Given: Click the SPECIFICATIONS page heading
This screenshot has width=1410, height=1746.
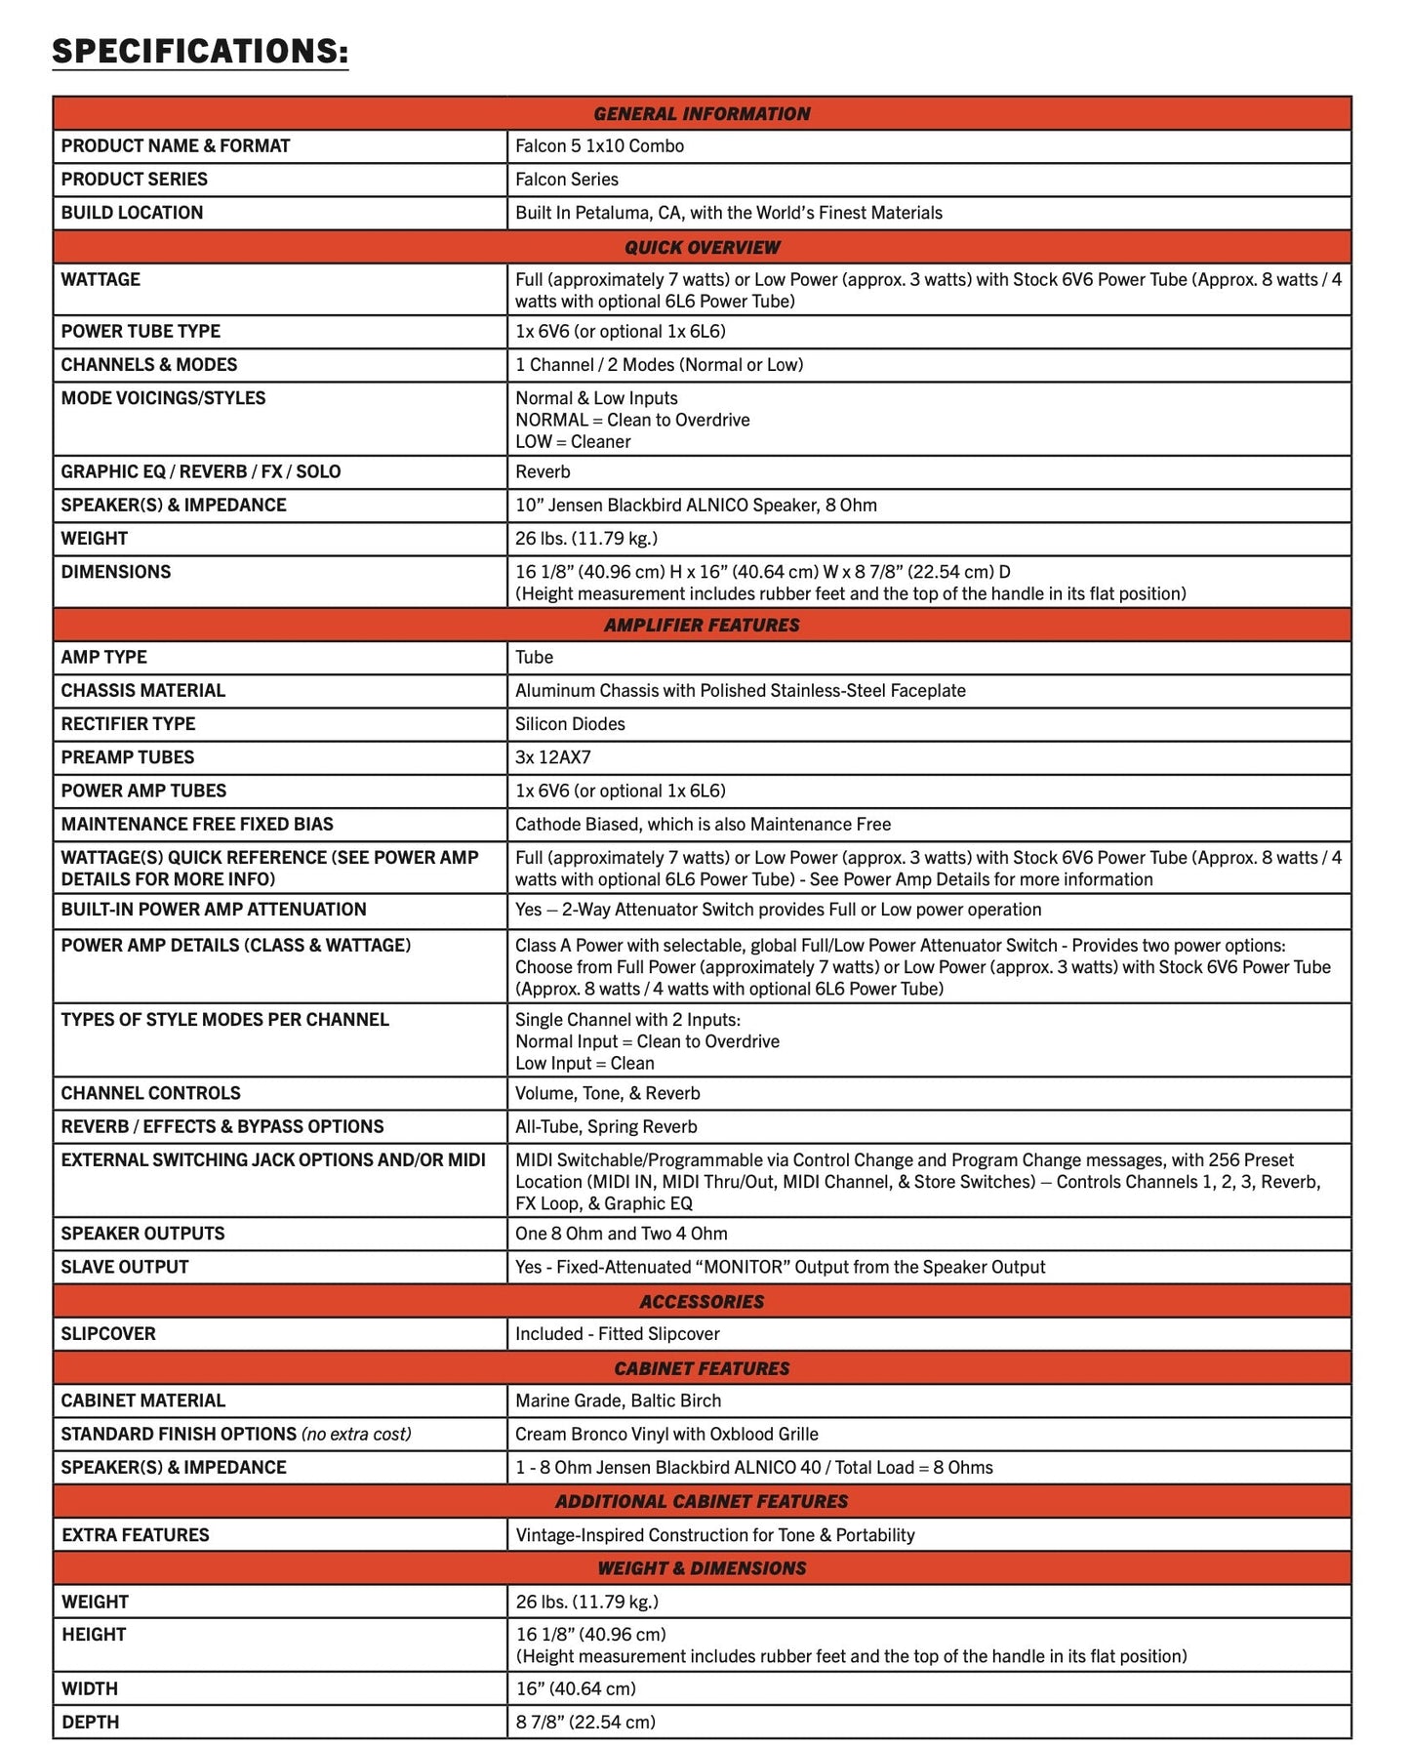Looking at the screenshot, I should click(x=200, y=51).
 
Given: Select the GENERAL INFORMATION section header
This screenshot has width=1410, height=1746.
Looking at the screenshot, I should click(x=702, y=113).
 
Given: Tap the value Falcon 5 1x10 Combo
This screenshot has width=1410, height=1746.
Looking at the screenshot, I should click(x=599, y=146).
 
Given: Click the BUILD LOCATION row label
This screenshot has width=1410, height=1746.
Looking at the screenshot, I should click(x=132, y=213).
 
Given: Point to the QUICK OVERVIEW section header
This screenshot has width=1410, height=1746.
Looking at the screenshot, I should click(x=702, y=247).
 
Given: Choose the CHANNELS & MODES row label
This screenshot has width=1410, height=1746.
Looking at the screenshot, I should click(x=148, y=365).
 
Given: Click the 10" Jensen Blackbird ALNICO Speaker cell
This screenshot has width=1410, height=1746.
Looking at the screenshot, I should click(x=696, y=506).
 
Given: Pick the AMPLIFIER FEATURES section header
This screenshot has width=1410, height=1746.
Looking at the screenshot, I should click(x=702, y=625).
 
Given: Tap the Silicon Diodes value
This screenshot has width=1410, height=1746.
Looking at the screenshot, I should click(x=570, y=724).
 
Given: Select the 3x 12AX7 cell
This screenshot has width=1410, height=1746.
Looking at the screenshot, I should click(x=552, y=757).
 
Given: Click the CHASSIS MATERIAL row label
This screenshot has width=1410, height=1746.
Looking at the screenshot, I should click(x=142, y=691).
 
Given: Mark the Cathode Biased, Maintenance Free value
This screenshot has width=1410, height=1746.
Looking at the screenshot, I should click(x=703, y=825).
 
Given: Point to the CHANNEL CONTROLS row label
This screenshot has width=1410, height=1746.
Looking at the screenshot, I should click(x=150, y=1093).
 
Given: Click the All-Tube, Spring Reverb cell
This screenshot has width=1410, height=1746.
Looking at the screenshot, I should click(x=606, y=1127).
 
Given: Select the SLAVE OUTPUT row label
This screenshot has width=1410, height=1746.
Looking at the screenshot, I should click(x=124, y=1267).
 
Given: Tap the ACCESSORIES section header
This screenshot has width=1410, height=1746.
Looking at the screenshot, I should click(x=702, y=1301).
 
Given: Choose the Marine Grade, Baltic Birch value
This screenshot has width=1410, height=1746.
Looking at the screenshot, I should click(x=618, y=1401).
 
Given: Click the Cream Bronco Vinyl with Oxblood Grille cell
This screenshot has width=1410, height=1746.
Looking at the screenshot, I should click(x=666, y=1435).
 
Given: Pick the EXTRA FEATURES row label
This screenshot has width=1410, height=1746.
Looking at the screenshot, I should click(x=135, y=1535).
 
